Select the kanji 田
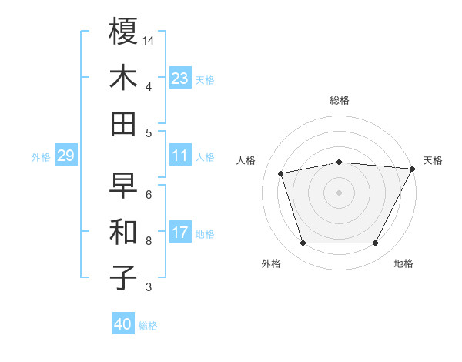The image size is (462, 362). click(x=123, y=123)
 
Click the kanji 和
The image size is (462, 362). click(x=123, y=232)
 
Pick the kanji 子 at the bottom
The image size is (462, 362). click(x=123, y=277)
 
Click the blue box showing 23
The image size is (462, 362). click(x=180, y=79)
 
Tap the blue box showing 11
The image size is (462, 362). click(x=180, y=156)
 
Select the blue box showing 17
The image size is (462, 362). click(x=180, y=233)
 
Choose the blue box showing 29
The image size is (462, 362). click(x=65, y=156)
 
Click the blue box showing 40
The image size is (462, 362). click(x=123, y=324)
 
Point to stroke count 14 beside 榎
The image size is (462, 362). click(x=149, y=39)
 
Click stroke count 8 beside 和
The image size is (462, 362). click(x=149, y=241)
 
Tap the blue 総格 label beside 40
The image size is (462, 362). click(x=148, y=326)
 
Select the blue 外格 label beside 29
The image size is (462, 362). click(x=41, y=157)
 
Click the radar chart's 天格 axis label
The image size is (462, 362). click(x=433, y=160)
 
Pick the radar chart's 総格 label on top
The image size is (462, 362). click(x=340, y=100)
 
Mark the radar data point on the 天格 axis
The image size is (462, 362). click(x=413, y=169)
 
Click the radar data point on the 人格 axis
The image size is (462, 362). click(x=281, y=173)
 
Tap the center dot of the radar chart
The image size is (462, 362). click(x=340, y=192)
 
